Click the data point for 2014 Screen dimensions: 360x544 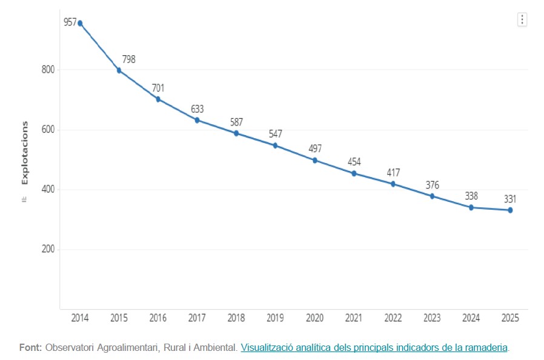coord(80,23)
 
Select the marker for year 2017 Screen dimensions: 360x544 coord(197,120)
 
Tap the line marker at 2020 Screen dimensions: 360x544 coord(315,160)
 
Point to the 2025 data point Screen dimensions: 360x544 coord(510,210)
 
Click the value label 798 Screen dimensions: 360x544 coord(128,59)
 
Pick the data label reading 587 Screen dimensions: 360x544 coord(236,122)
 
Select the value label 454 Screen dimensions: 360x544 coord(354,162)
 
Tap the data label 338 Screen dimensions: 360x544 coord(472,196)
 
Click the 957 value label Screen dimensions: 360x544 coord(70,22)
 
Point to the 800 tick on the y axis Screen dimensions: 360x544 coord(48,70)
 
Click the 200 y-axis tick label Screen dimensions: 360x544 coord(48,249)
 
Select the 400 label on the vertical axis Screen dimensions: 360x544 coord(48,190)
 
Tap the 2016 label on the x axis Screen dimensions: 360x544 coord(158,318)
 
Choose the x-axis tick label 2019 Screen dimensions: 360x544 coord(276,318)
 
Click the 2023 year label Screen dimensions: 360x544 coord(432,318)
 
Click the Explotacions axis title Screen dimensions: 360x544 coord(25,153)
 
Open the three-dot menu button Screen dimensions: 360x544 coord(522,19)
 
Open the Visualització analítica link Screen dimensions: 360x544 coord(374,348)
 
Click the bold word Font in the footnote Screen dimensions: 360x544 coord(30,348)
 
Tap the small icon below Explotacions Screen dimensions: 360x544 coord(24,198)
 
